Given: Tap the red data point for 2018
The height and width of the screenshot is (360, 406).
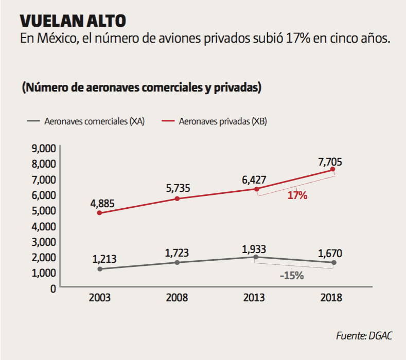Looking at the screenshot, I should pyautogui.click(x=333, y=169).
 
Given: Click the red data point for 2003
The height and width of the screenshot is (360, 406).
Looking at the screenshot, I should pyautogui.click(x=99, y=213).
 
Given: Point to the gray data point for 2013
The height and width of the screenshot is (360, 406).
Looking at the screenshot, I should pyautogui.click(x=256, y=257).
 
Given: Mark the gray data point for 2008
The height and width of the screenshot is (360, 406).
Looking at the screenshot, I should pyautogui.click(x=177, y=262).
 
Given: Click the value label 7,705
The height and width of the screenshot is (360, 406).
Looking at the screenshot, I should pyautogui.click(x=330, y=162).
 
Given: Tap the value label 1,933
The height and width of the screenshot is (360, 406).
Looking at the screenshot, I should pyautogui.click(x=255, y=249).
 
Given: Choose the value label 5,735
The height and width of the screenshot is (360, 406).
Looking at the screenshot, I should pyautogui.click(x=178, y=188).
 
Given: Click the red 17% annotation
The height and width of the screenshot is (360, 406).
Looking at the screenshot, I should pyautogui.click(x=297, y=195).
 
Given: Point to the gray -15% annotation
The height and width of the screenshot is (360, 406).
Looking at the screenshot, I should pyautogui.click(x=292, y=276).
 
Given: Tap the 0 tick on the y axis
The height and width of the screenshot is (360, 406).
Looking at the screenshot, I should pyautogui.click(x=52, y=288).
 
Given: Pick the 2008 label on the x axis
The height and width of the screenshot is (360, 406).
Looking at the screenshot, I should pyautogui.click(x=177, y=298).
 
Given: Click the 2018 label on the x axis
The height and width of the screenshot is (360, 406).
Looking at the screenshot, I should pyautogui.click(x=331, y=298).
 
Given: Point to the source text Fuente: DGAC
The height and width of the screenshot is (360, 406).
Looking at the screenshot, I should pyautogui.click(x=364, y=336).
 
